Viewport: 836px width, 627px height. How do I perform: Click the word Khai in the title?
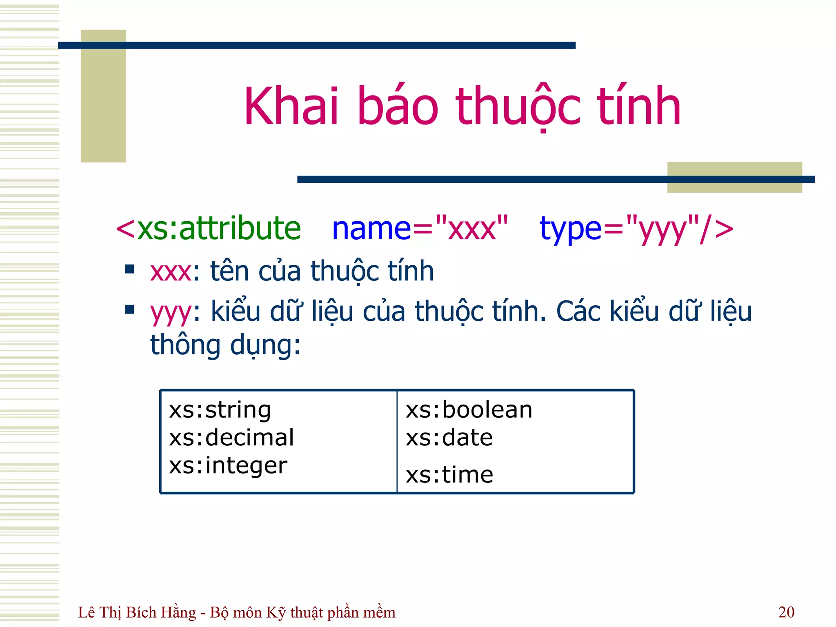tap(291, 107)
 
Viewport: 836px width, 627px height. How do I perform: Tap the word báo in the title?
tap(398, 107)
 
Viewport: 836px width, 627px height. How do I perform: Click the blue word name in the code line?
tap(371, 229)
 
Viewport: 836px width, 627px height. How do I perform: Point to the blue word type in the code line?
tap(570, 229)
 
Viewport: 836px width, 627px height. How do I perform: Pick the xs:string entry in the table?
tap(220, 410)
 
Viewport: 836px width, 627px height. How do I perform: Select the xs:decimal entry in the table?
tap(231, 438)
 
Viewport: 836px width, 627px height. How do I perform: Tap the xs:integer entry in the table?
tap(228, 465)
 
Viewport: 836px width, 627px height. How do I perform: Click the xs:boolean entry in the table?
tap(469, 410)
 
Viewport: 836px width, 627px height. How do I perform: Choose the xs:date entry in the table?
tap(449, 438)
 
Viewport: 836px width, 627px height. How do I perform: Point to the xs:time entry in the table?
tap(449, 475)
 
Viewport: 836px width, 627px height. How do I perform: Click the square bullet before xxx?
tap(130, 269)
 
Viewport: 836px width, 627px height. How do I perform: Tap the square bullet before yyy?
tap(130, 309)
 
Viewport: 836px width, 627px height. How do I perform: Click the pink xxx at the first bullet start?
tap(170, 272)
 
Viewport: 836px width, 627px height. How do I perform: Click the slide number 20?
tap(786, 612)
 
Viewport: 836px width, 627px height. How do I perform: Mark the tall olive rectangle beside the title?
tap(103, 96)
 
